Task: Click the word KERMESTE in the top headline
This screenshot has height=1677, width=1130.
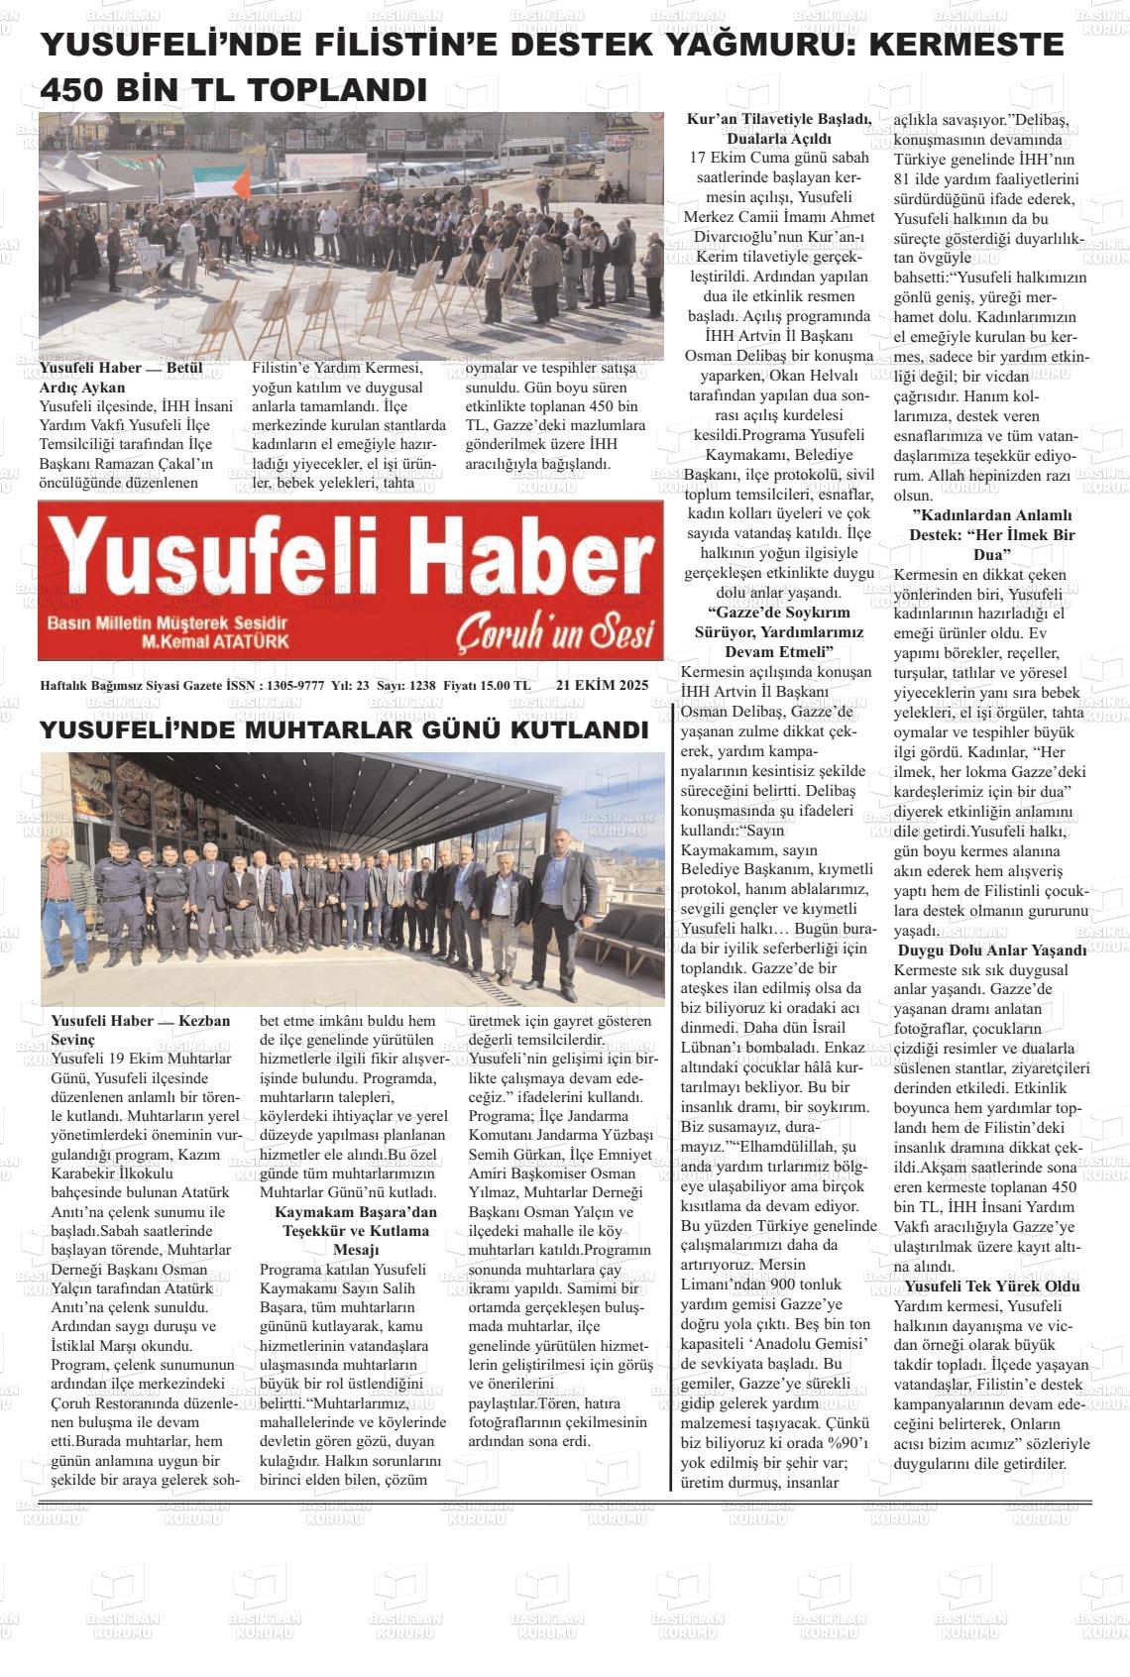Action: pos(965,45)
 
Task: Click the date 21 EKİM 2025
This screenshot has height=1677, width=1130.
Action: pos(602,685)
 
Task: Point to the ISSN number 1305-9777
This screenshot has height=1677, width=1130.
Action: pos(296,686)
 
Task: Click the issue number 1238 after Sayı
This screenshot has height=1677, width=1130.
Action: pos(421,686)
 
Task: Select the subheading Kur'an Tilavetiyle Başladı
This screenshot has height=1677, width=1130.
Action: pos(779,120)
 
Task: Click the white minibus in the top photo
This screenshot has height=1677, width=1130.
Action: pos(532,153)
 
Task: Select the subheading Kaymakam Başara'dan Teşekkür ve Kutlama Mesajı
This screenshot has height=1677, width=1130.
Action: pos(355,1231)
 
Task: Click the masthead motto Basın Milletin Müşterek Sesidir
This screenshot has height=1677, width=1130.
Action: pos(167,622)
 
